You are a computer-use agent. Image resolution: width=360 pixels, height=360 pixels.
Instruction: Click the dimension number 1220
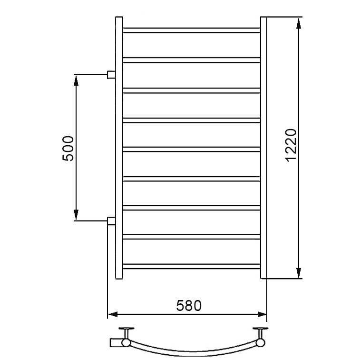click(x=291, y=145)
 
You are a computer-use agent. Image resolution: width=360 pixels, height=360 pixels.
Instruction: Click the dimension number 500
click(x=68, y=149)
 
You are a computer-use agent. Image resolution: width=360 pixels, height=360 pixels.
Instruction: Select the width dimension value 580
click(x=189, y=306)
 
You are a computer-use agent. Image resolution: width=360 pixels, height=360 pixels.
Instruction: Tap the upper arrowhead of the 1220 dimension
click(x=299, y=23)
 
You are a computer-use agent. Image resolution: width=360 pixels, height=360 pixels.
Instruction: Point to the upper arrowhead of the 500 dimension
click(x=76, y=80)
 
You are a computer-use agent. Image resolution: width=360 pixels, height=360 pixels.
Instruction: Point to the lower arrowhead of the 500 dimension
click(x=76, y=214)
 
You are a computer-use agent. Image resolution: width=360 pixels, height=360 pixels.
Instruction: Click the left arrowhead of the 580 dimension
click(x=113, y=314)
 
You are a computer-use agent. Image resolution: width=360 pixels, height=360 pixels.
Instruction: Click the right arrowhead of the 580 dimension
click(x=262, y=314)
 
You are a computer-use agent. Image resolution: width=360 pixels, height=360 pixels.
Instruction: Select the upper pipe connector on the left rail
click(x=111, y=75)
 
